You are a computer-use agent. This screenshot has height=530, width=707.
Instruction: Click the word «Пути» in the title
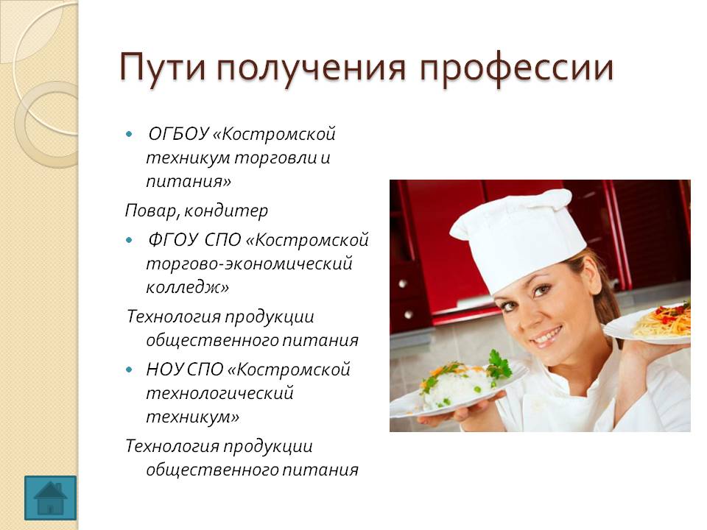pos(162,68)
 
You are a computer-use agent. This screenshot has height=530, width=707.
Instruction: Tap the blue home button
pos(51,498)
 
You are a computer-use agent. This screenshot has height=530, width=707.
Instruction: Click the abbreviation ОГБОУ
pos(178,134)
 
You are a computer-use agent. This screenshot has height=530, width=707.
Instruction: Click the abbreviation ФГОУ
pos(173,240)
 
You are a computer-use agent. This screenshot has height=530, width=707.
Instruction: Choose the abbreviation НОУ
pos(164,370)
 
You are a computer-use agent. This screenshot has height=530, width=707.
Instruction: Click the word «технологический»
pos(219,393)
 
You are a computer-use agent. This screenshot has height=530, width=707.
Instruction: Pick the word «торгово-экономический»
pos(249,264)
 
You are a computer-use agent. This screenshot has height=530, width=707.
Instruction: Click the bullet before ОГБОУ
pos(130,134)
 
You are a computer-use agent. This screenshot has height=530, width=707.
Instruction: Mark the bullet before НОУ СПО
pos(130,370)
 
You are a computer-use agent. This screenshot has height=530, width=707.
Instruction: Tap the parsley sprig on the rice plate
pos(499,366)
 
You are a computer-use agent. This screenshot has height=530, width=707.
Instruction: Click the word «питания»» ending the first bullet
pos(189,182)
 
